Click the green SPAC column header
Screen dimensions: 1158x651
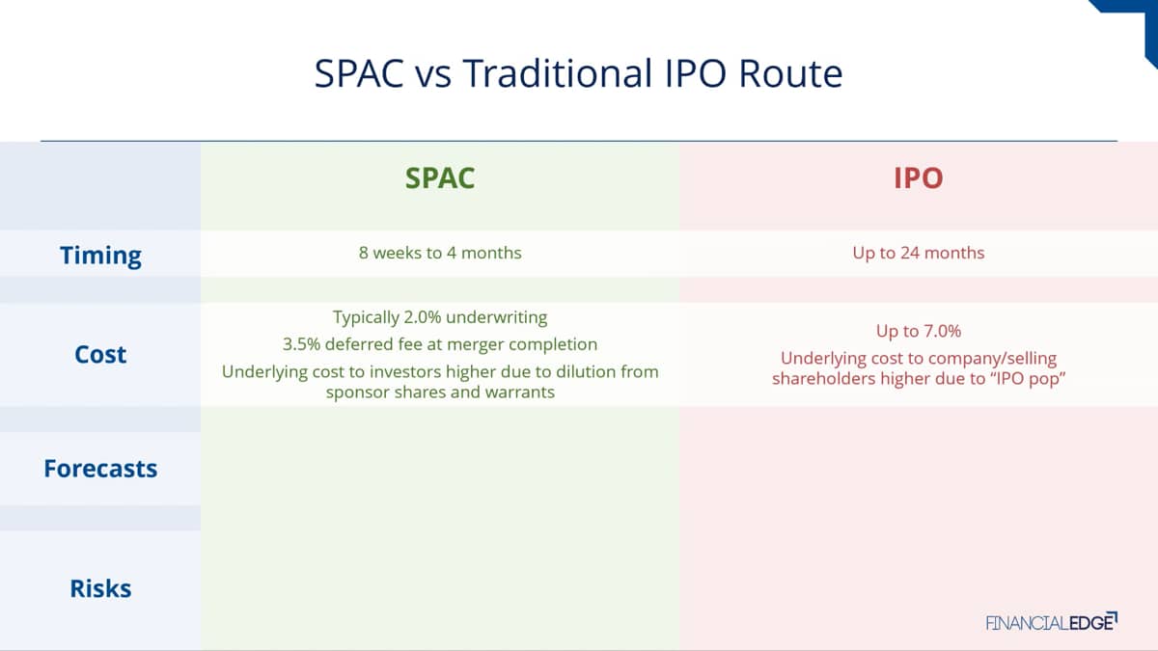tap(440, 178)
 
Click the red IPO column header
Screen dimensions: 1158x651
tap(919, 178)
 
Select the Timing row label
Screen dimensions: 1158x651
tap(100, 256)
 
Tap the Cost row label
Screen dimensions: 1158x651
tap(100, 355)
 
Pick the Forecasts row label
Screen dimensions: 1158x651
tap(100, 469)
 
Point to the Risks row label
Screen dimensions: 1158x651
tap(100, 588)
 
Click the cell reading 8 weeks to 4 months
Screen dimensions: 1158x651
tap(440, 253)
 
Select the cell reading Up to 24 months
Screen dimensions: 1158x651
tap(919, 253)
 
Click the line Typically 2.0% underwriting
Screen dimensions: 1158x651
tap(440, 317)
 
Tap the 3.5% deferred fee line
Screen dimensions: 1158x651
tap(440, 344)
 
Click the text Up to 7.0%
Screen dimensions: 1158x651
tap(919, 331)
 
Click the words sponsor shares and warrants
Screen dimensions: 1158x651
tap(440, 393)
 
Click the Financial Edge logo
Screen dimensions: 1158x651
tap(1052, 622)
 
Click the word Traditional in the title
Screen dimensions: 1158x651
tap(558, 73)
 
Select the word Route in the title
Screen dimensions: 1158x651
tap(791, 73)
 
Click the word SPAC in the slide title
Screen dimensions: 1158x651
tap(359, 73)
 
